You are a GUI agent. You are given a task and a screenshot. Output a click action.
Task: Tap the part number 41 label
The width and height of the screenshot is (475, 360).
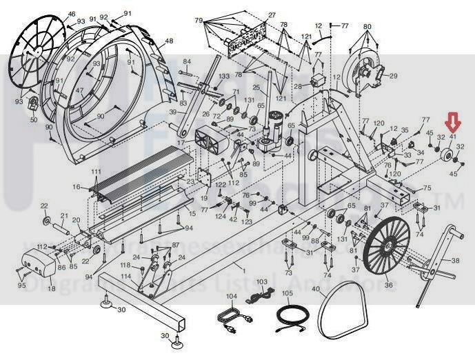tap(453, 137)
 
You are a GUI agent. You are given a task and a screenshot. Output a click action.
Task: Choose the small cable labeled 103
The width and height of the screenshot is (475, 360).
tap(259, 297)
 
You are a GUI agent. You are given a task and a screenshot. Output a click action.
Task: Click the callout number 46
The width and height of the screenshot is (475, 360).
tap(72, 14)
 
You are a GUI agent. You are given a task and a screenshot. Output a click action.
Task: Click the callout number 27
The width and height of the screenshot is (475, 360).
tap(272, 14)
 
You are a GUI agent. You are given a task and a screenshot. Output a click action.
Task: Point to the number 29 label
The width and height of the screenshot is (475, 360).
tap(394, 76)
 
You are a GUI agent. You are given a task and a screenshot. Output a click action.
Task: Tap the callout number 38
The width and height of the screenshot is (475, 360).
tap(454, 261)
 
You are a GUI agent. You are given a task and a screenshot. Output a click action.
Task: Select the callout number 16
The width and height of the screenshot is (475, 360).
tap(76, 187)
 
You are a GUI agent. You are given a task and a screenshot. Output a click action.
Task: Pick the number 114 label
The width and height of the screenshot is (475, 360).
tap(125, 277)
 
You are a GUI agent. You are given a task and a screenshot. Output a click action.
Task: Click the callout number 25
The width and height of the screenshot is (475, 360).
tap(255, 88)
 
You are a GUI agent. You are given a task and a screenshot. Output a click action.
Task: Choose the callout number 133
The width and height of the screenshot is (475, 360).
tap(224, 76)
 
